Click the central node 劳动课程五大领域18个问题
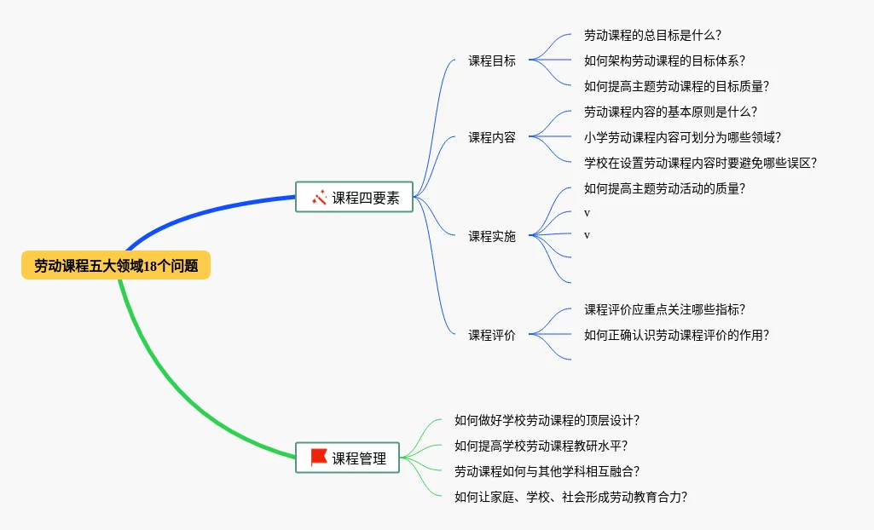[x=116, y=266]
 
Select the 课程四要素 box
[x=354, y=198]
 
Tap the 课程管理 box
[x=348, y=458]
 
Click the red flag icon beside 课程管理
[x=319, y=458]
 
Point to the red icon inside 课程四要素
[x=320, y=198]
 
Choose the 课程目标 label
[x=492, y=60]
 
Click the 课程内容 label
[x=492, y=137]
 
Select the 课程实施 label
[x=492, y=236]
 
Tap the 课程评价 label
[x=492, y=335]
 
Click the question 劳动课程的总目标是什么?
[x=653, y=35]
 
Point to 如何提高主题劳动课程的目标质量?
[x=677, y=86]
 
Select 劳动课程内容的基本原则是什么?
[x=671, y=112]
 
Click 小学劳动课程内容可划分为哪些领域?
[x=683, y=137]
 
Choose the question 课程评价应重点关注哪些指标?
[x=671, y=309]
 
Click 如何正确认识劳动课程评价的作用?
[x=677, y=335]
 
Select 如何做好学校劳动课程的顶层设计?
[x=547, y=420]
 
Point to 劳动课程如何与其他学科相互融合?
[x=547, y=471]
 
